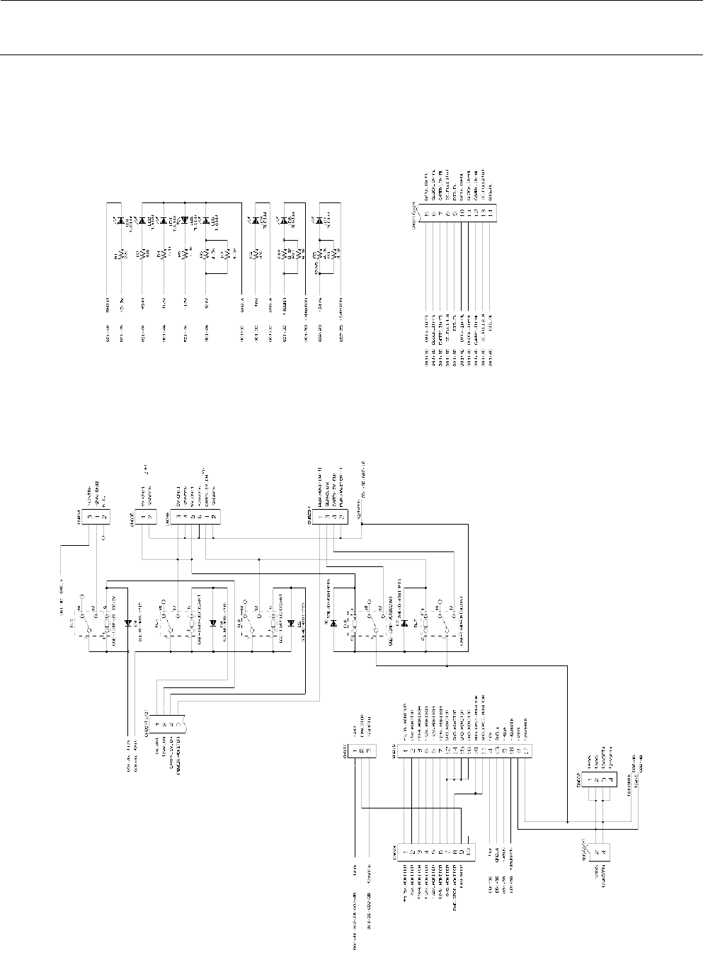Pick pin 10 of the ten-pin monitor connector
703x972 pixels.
tap(469, 849)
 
